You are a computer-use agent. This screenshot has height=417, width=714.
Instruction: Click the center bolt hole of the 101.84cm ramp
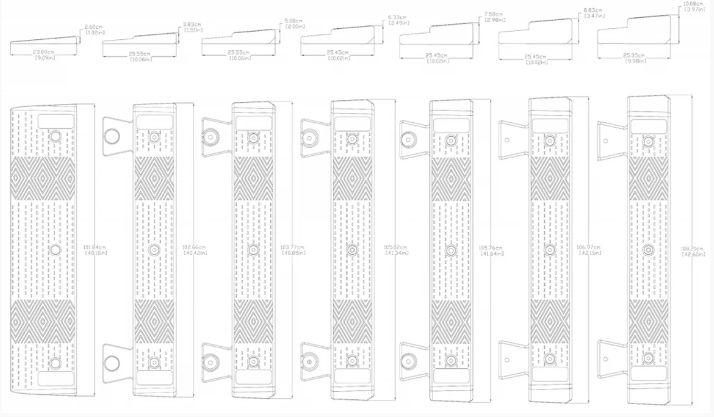pos(55,249)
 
